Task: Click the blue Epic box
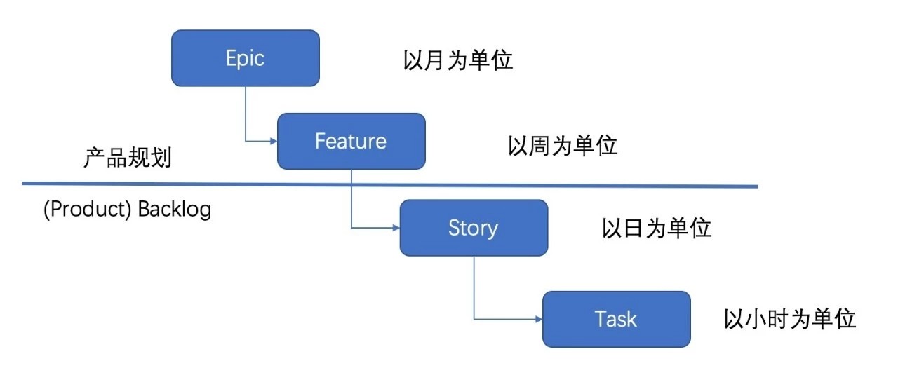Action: tap(246, 58)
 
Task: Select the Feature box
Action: tap(351, 141)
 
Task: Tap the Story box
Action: tap(474, 228)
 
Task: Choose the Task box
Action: tap(616, 319)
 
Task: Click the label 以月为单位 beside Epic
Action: tap(458, 60)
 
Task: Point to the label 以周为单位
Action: tap(563, 146)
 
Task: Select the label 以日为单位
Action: tap(657, 229)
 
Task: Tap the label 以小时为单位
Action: tap(790, 319)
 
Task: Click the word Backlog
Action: tap(175, 210)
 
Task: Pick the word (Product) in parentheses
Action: tap(88, 210)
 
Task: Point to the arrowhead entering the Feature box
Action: tap(273, 141)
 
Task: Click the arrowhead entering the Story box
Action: tap(395, 228)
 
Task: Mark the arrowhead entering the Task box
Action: tap(538, 319)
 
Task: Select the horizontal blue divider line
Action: tap(210, 184)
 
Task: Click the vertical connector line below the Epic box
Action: tap(246, 112)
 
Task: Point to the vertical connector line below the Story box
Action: tap(474, 287)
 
